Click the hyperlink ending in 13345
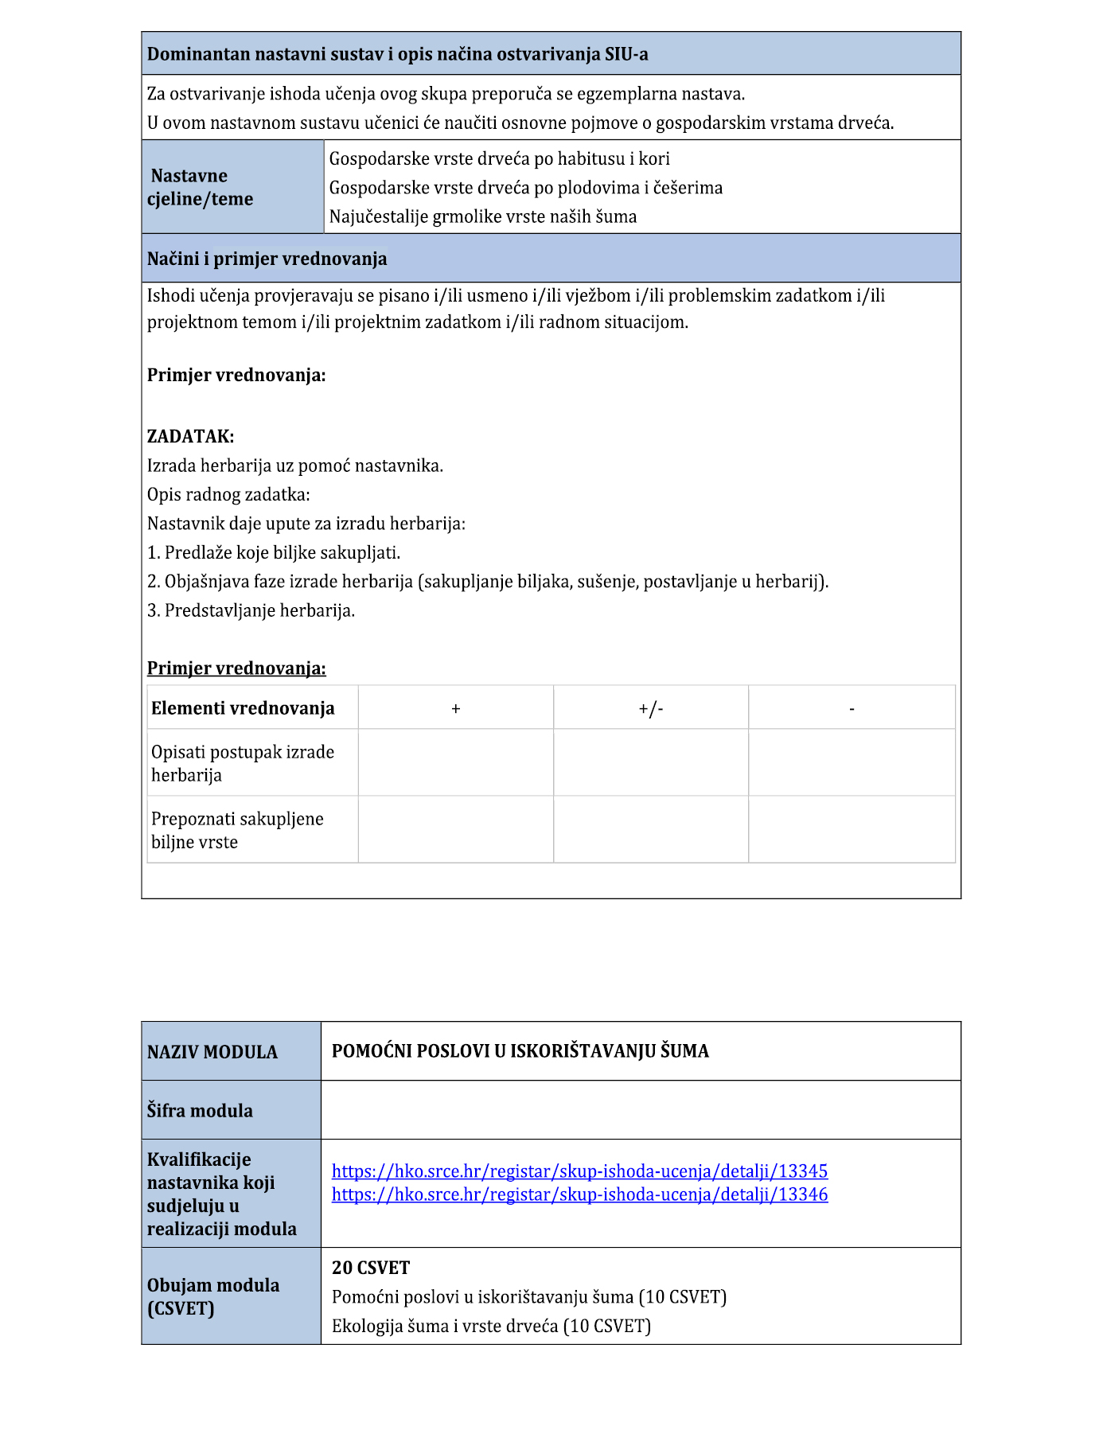point(579,1171)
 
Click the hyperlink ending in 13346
point(579,1194)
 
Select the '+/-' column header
point(650,708)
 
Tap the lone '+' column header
point(456,708)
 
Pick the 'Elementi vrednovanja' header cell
point(243,708)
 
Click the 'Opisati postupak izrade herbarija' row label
point(243,763)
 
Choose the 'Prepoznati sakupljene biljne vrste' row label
point(237,830)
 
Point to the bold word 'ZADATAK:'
point(190,436)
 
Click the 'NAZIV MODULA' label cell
point(212,1051)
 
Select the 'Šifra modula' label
point(200,1110)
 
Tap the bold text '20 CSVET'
point(371,1267)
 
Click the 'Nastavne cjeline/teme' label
point(200,187)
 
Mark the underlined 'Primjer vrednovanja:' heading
point(236,668)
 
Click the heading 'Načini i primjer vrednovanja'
point(267,259)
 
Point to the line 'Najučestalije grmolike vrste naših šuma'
point(482,216)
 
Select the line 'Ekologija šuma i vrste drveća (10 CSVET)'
point(491,1325)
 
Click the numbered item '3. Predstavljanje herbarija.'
point(251,610)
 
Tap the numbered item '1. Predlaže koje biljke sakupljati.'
point(274,552)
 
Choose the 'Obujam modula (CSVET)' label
point(213,1296)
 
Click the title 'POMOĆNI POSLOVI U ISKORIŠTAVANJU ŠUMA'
point(520,1050)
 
